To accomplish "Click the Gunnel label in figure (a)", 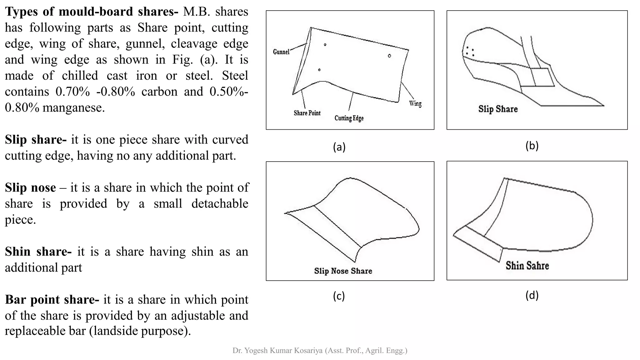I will click(281, 52).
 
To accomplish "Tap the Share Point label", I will click(307, 113).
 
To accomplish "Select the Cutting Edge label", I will click(349, 118).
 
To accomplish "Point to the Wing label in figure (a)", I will click(415, 103).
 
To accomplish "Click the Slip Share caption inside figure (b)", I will click(498, 109).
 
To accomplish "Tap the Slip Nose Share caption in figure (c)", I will click(343, 271).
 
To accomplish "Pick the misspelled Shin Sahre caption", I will click(527, 266).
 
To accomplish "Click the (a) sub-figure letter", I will click(339, 147).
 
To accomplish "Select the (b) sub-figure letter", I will click(532, 146).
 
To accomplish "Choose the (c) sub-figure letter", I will click(339, 296).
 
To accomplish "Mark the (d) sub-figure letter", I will click(532, 295).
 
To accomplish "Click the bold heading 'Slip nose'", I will click(30, 188).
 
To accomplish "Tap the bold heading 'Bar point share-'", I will click(52, 300).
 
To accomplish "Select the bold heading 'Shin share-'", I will click(38, 252).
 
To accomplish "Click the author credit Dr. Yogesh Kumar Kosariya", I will click(320, 351).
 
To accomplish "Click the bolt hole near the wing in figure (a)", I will click(389, 56).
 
